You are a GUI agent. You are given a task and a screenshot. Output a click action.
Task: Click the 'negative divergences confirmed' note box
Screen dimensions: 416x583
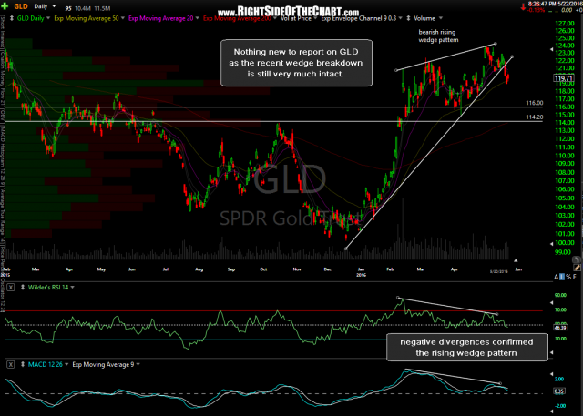click(x=465, y=347)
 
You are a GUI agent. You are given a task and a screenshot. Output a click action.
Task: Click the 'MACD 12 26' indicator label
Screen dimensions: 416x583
click(x=32, y=362)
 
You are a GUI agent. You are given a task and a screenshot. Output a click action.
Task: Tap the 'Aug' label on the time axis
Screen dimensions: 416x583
click(x=198, y=270)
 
